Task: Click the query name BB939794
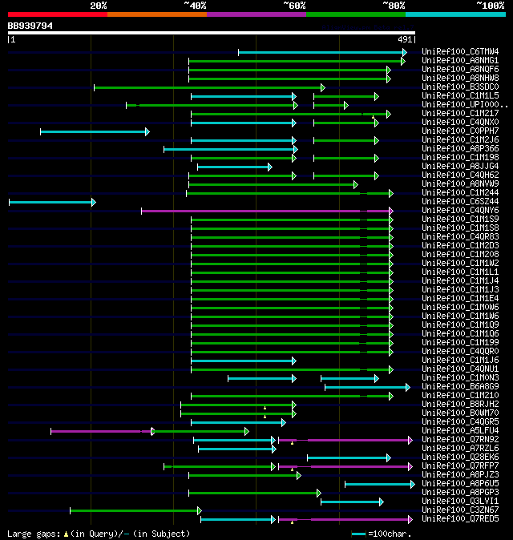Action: tap(30, 26)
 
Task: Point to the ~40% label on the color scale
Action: tap(195, 6)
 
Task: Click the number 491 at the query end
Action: tap(405, 39)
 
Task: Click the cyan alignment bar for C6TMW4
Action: tap(321, 52)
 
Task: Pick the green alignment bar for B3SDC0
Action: tap(208, 87)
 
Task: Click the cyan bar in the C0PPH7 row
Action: tap(94, 131)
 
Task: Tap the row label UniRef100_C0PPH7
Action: tap(460, 131)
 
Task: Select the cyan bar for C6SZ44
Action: tap(51, 202)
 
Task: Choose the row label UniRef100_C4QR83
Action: tap(460, 237)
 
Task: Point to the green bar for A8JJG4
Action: tap(234, 167)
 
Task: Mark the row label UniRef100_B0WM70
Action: tap(460, 413)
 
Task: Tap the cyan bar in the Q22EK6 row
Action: tap(348, 457)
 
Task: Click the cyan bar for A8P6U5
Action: tap(379, 484)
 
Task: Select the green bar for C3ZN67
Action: tap(135, 510)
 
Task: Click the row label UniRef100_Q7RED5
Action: tap(460, 519)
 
